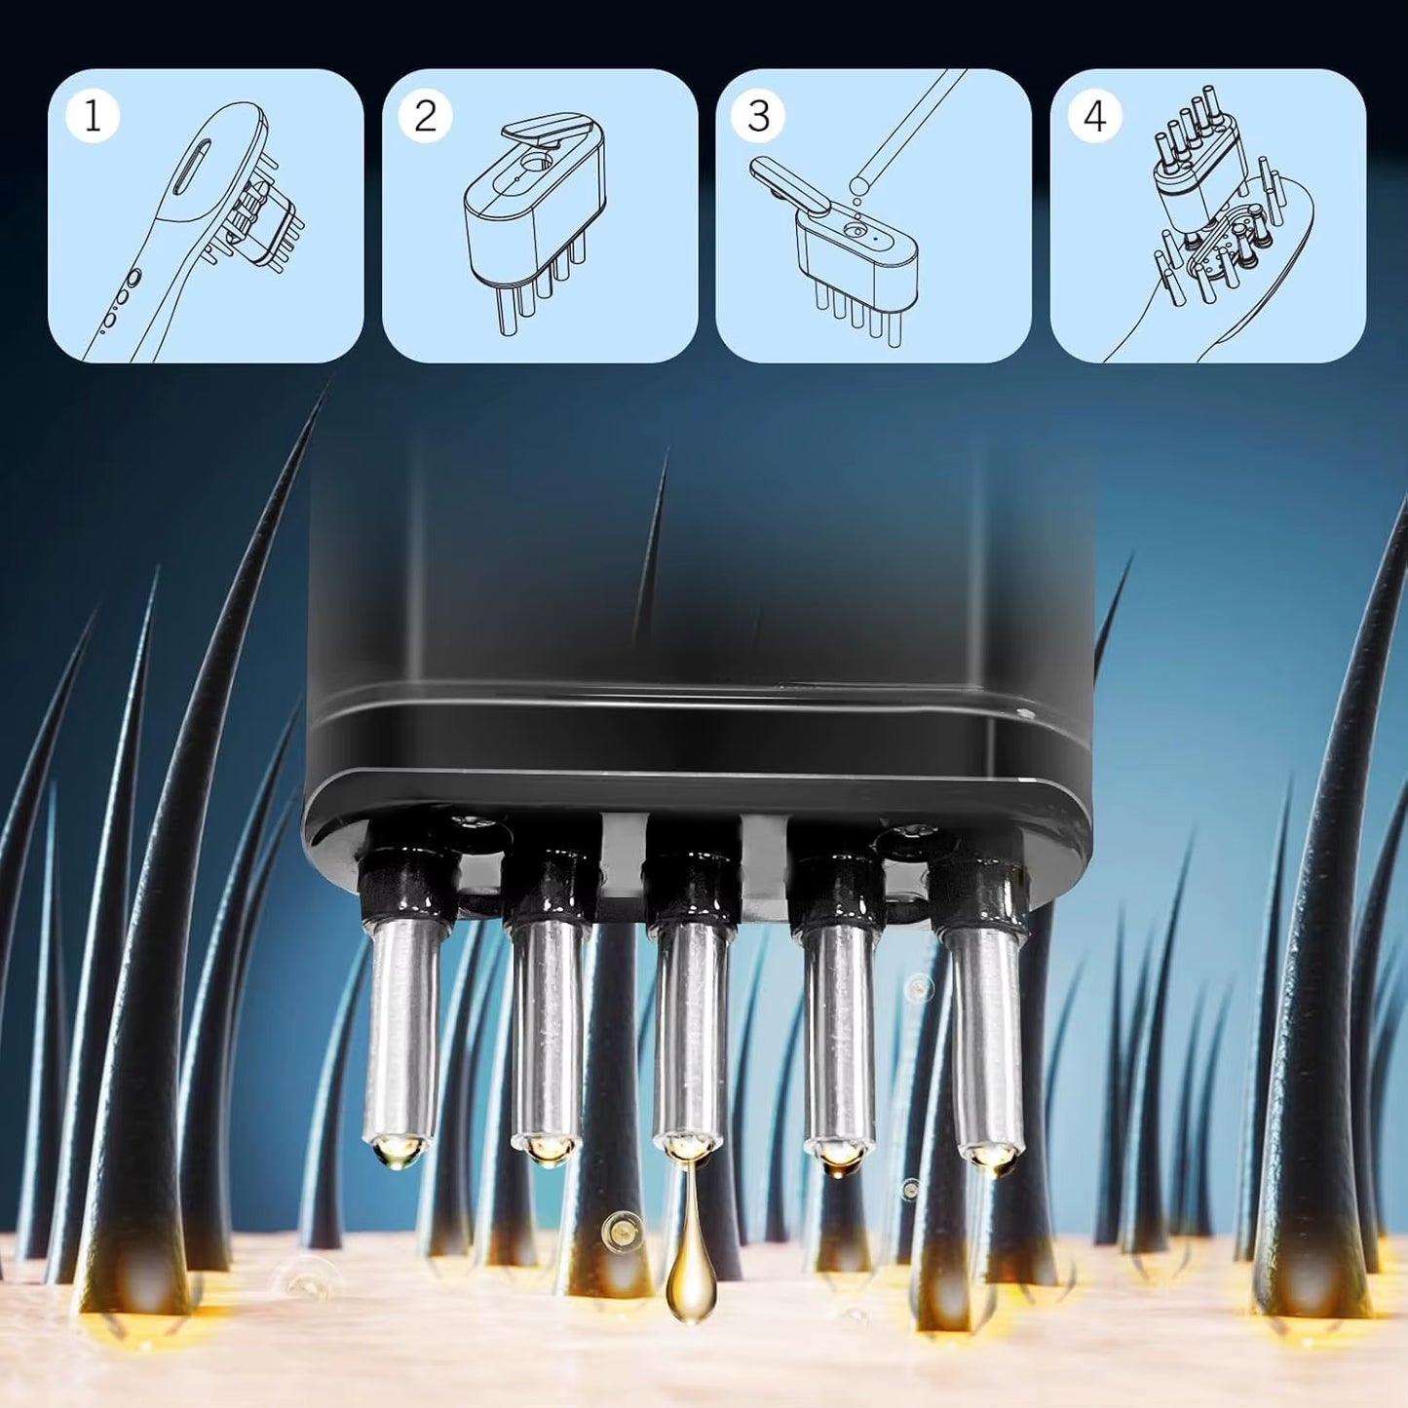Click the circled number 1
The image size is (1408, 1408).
click(x=93, y=117)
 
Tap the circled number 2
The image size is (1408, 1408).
click(x=426, y=117)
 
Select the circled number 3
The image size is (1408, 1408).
click(x=759, y=117)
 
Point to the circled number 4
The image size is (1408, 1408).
click(x=1094, y=117)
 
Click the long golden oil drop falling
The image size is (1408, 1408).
click(x=690, y=1267)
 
